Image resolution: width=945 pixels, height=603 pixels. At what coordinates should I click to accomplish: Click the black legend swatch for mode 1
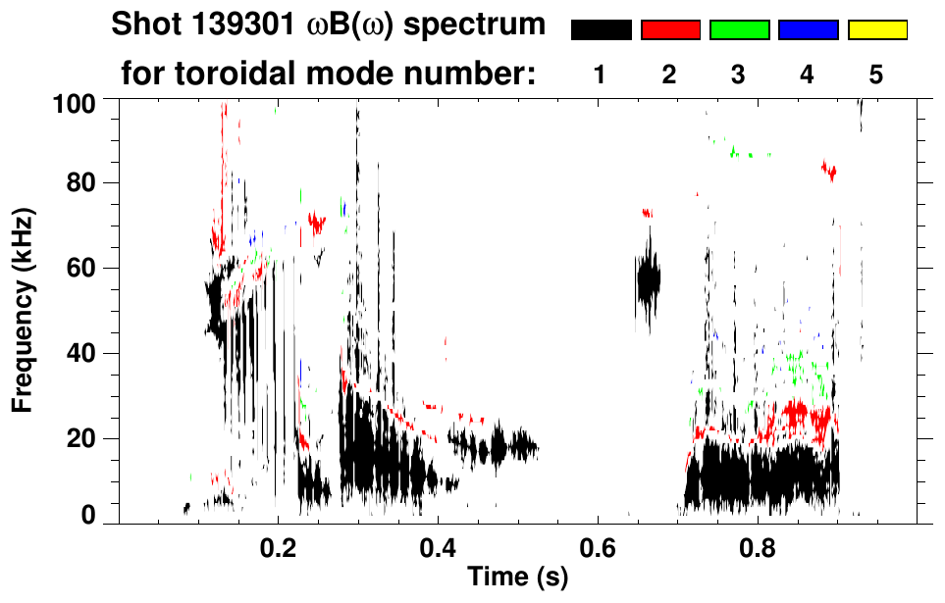(x=601, y=30)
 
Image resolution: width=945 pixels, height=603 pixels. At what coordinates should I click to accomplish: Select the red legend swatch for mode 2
(x=670, y=30)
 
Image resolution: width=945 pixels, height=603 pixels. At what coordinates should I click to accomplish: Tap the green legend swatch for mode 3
(x=739, y=30)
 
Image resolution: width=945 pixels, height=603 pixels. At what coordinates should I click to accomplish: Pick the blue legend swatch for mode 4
(x=808, y=30)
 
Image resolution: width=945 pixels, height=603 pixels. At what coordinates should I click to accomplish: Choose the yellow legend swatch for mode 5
(x=877, y=30)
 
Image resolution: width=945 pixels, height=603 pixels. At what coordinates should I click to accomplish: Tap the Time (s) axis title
(x=517, y=578)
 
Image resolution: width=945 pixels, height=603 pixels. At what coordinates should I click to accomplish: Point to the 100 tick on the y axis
(x=75, y=102)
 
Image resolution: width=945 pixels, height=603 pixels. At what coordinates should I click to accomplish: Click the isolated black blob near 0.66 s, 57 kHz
(x=648, y=279)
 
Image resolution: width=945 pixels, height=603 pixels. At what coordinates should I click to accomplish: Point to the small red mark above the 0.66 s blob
(x=647, y=212)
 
